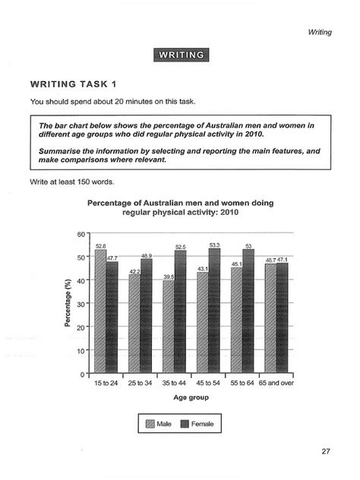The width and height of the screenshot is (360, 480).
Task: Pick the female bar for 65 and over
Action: pyautogui.click(x=282, y=319)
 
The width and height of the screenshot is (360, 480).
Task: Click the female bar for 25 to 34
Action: pyautogui.click(x=147, y=317)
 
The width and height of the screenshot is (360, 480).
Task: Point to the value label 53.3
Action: pyautogui.click(x=214, y=245)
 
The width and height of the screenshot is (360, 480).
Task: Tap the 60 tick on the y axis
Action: pyautogui.click(x=81, y=234)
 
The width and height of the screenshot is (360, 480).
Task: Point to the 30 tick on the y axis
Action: pyautogui.click(x=81, y=304)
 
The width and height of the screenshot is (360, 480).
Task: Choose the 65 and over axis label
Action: pyautogui.click(x=276, y=383)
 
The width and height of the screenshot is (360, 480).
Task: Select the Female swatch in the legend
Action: pyautogui.click(x=185, y=424)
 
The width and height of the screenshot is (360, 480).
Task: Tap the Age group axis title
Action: pyautogui.click(x=191, y=397)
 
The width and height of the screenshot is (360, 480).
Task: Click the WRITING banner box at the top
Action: pyautogui.click(x=180, y=54)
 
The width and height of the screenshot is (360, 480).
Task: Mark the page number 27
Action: pyautogui.click(x=325, y=451)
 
